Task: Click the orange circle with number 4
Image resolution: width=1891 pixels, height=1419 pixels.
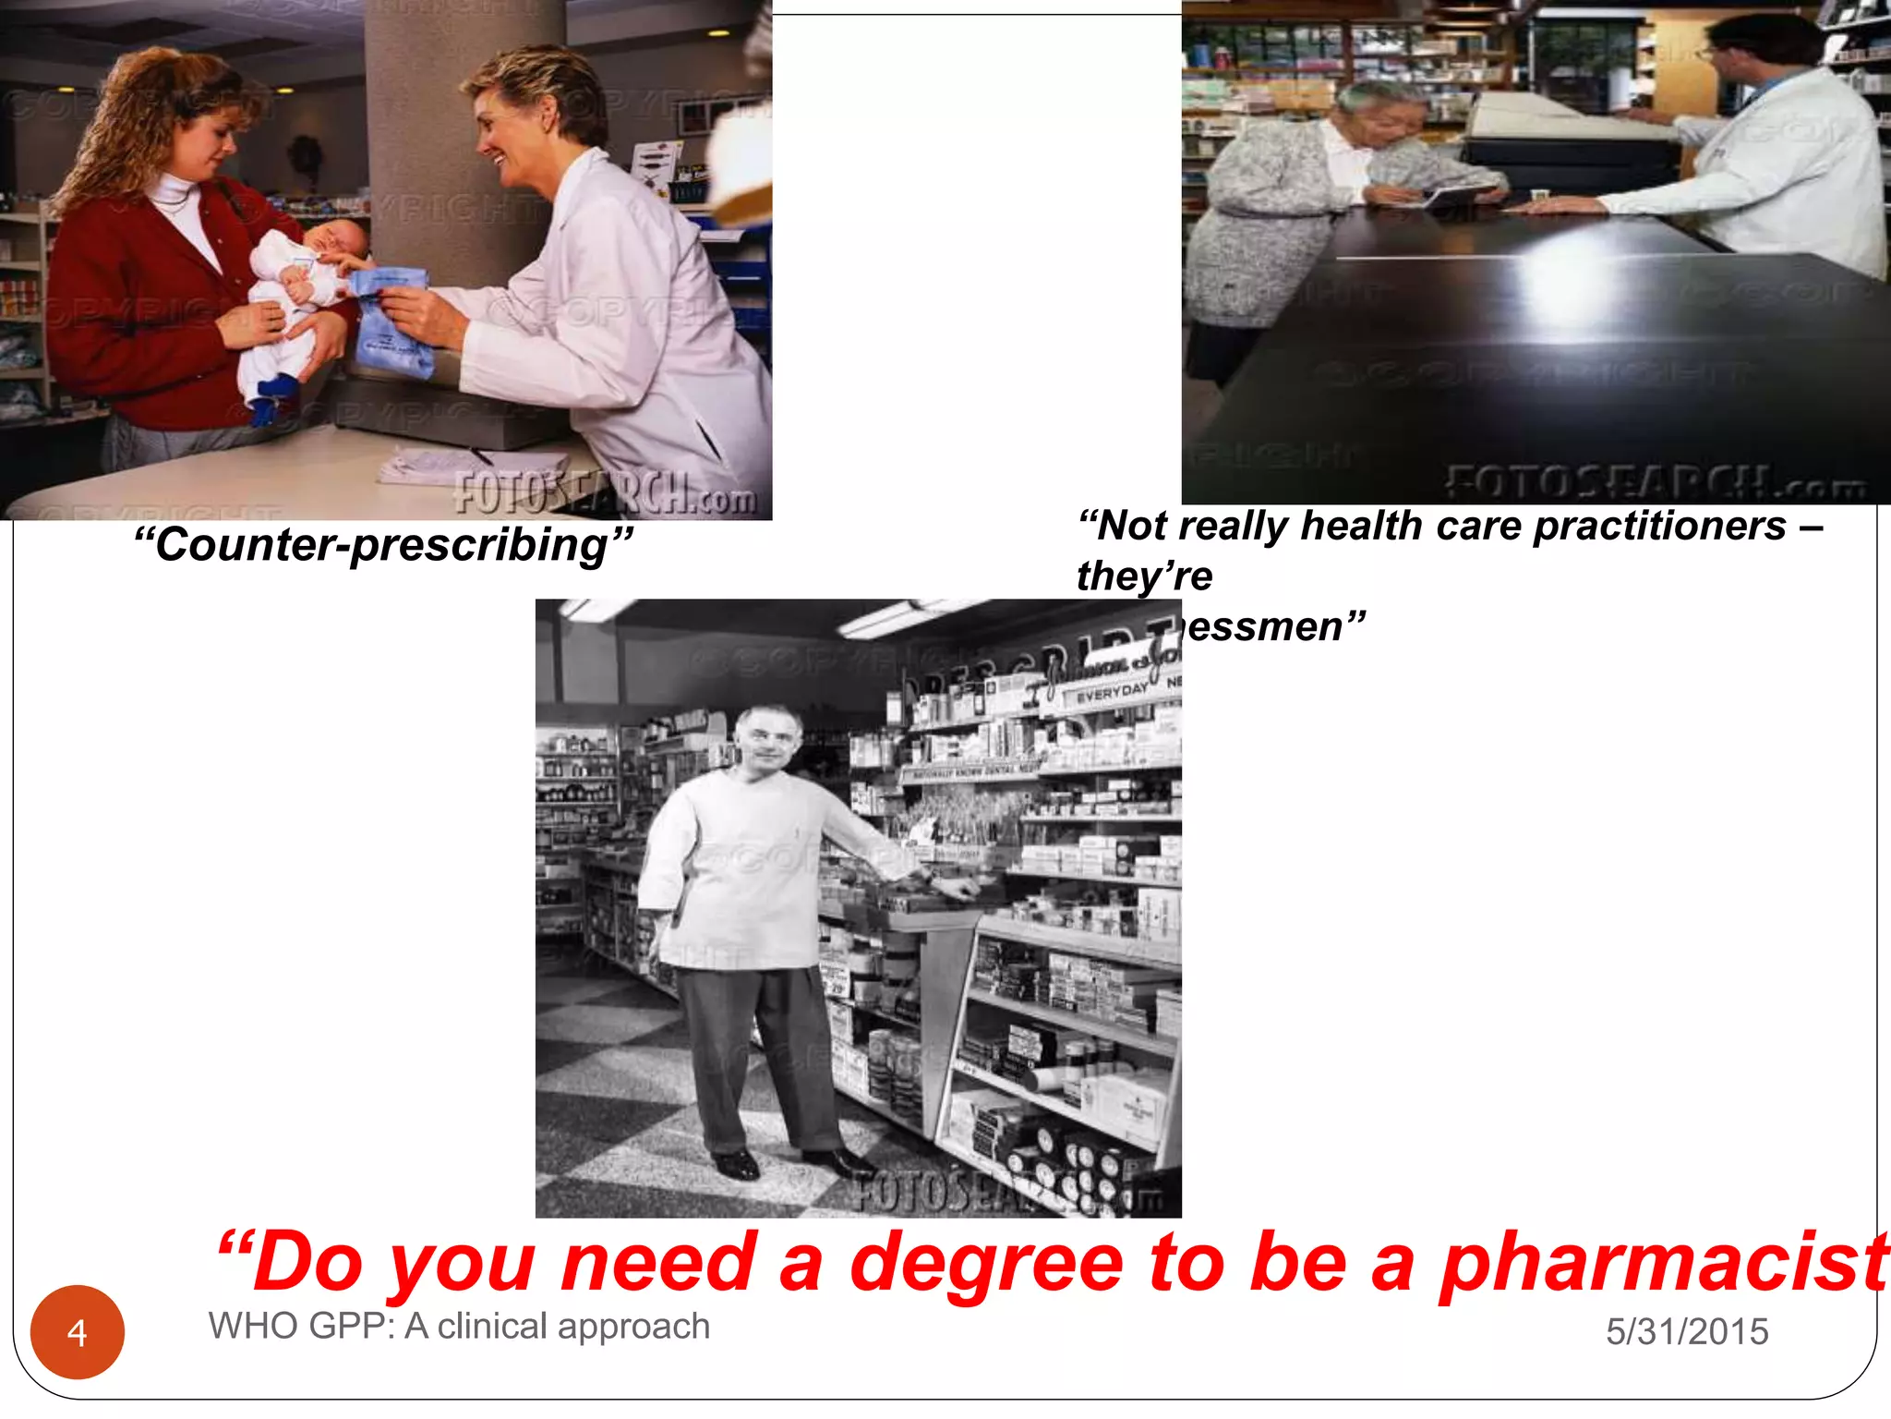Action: [x=78, y=1332]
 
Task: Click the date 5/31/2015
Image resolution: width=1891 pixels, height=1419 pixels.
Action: [x=1687, y=1331]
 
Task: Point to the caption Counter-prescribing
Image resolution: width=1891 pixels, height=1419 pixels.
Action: [x=383, y=545]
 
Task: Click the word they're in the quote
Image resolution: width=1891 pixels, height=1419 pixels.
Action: [x=1144, y=576]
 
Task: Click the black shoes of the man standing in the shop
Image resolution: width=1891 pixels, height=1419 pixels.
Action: [x=785, y=1162]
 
